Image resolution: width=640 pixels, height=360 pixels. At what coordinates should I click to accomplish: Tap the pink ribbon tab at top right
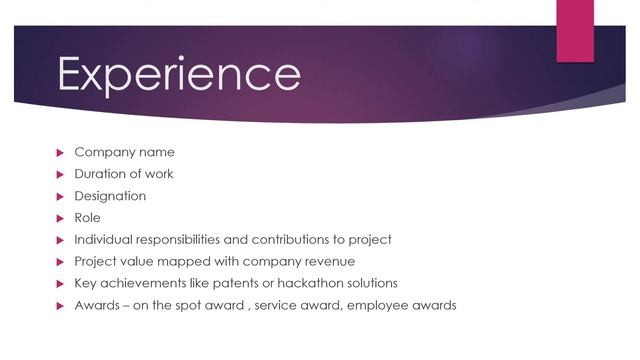[x=575, y=30]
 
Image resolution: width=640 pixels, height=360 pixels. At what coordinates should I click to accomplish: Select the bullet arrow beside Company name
[x=59, y=153]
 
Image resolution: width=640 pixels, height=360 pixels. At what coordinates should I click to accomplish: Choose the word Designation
[x=110, y=196]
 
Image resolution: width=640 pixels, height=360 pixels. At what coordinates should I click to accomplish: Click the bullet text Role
[x=88, y=217]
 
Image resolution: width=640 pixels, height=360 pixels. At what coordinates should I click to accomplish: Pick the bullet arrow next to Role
[x=59, y=218]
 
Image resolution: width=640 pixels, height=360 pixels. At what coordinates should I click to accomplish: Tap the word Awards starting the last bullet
[x=96, y=305]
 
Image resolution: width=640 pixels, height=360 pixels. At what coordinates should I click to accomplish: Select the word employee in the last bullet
[x=371, y=305]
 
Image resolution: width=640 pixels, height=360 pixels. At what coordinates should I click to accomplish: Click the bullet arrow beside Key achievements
[x=59, y=283]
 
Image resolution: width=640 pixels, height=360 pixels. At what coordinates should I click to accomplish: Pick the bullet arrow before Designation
[x=59, y=196]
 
